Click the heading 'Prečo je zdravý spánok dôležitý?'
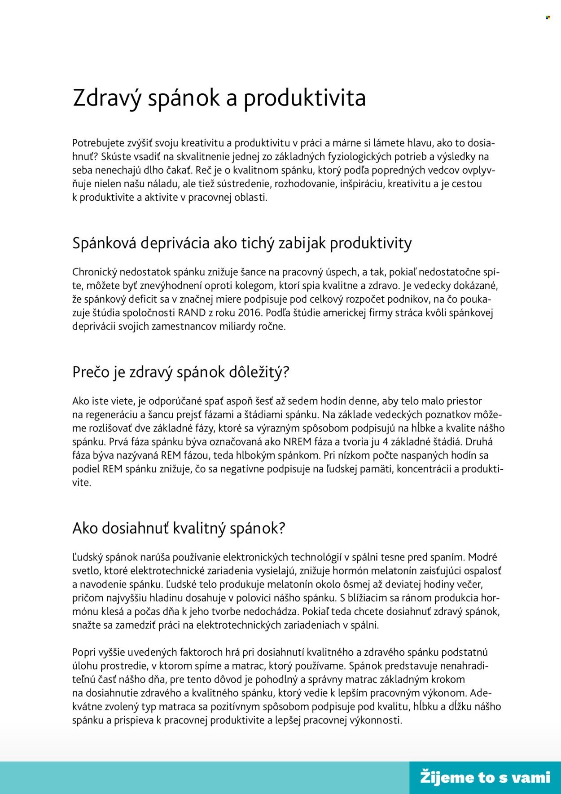(181, 372)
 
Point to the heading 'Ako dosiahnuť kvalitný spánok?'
(179, 528)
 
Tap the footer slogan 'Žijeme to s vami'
(485, 777)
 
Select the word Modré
(482, 557)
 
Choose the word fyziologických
(357, 157)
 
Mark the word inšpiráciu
(361, 184)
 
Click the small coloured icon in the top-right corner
(548, 17)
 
